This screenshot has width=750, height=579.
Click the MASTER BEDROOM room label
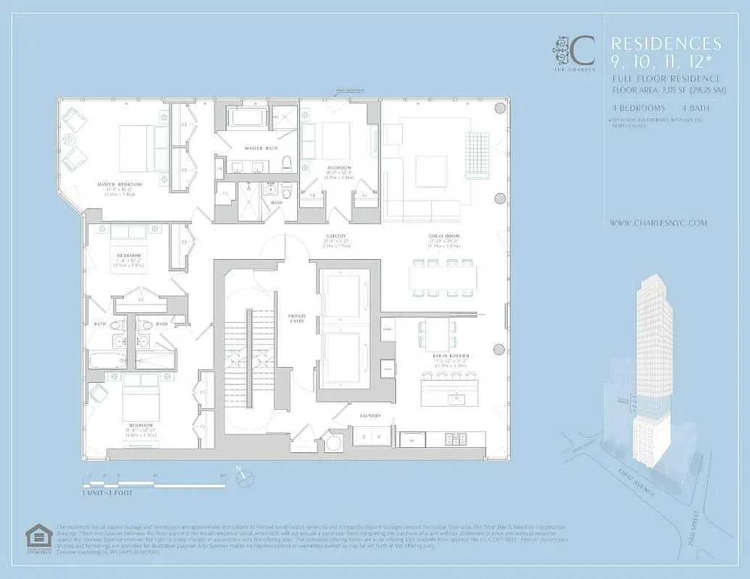click(120, 185)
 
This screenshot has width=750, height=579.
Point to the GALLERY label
click(337, 236)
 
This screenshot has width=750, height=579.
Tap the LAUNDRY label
click(370, 416)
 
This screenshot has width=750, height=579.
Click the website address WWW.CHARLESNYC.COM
click(658, 224)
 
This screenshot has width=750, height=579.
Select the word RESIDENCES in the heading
click(666, 44)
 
